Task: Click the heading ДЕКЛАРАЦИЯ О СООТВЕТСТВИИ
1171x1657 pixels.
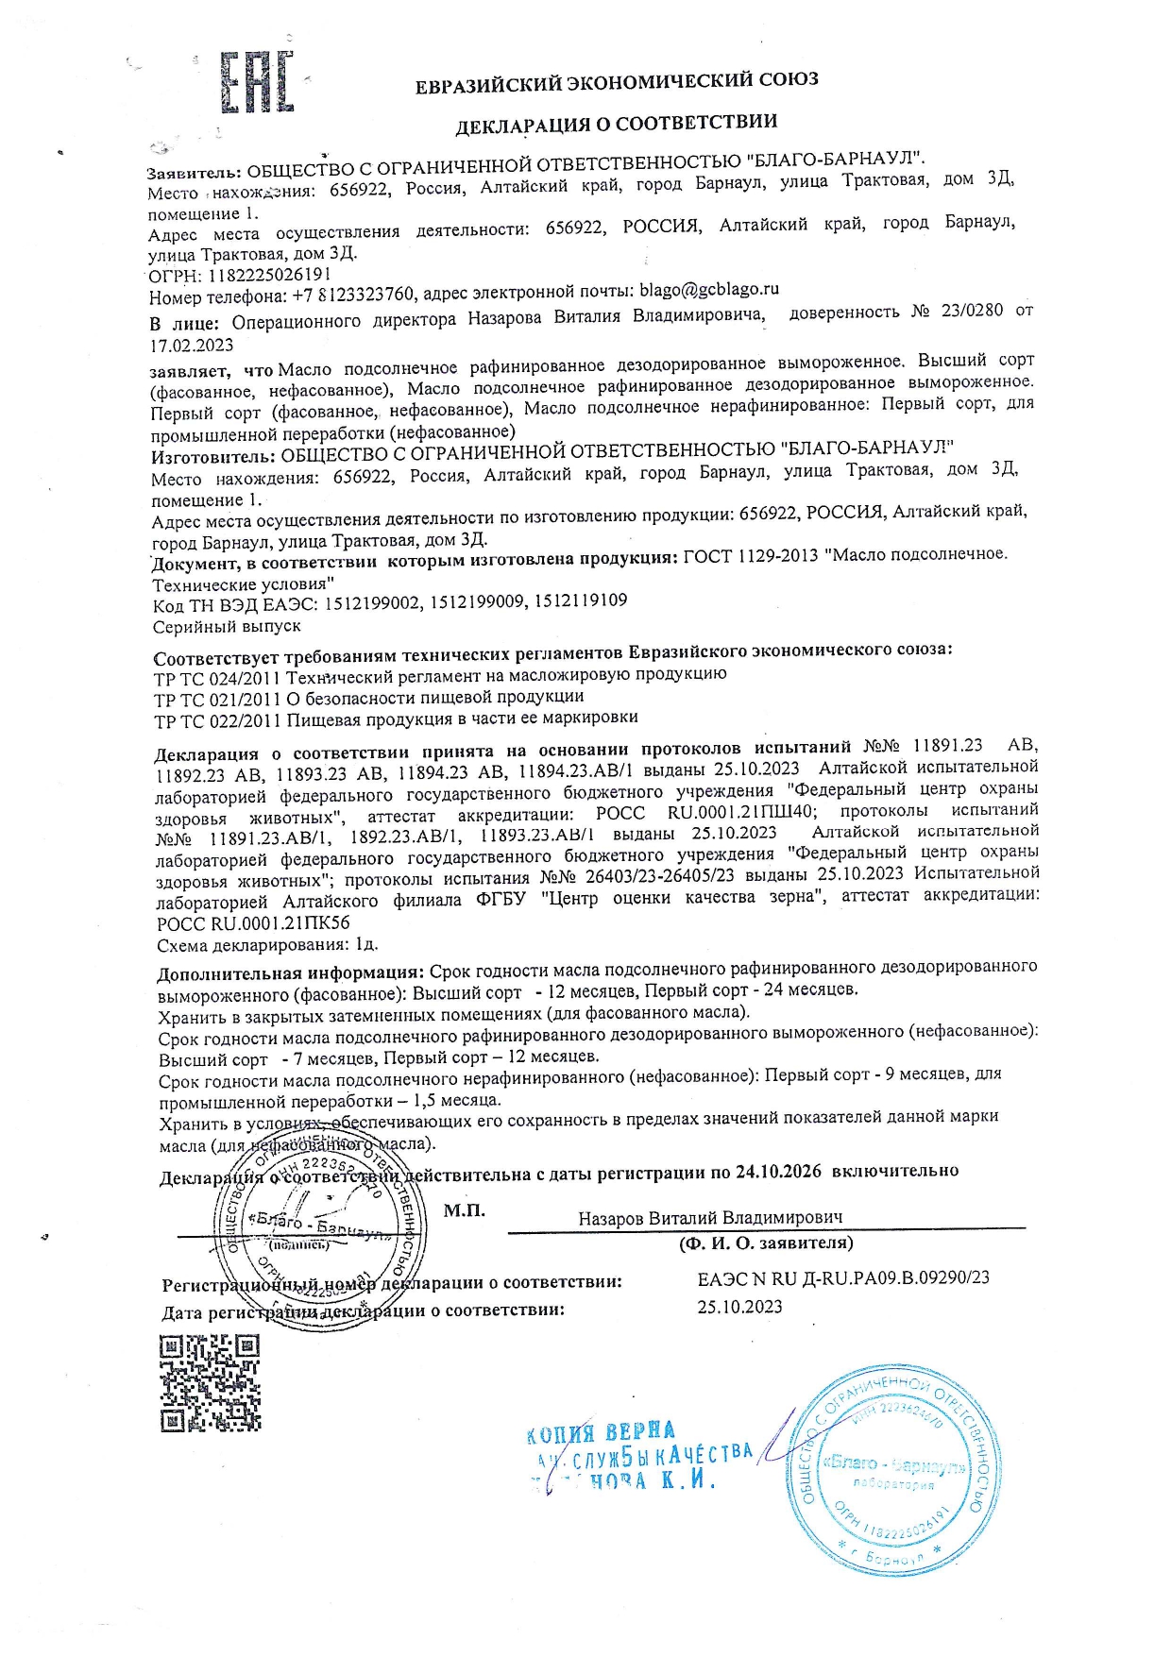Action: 617,123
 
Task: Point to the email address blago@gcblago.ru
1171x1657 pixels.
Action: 709,290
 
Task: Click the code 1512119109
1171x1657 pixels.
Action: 581,600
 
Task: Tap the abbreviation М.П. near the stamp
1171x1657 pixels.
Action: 464,1210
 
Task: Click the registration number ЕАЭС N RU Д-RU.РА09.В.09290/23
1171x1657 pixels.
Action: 843,1278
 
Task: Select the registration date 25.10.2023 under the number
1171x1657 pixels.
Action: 739,1307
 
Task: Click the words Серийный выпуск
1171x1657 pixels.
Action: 227,626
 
